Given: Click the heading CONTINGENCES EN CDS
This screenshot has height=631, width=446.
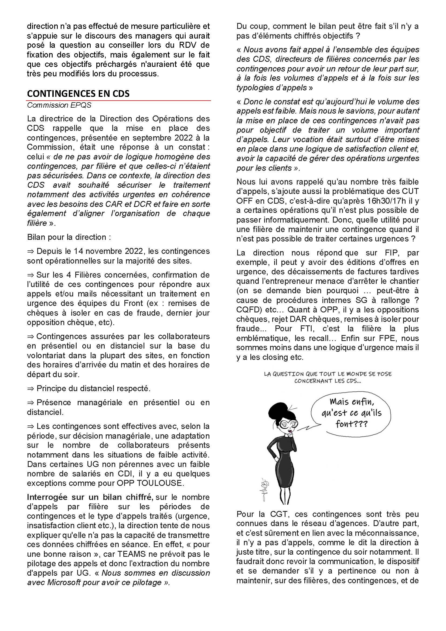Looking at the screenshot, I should (78, 94).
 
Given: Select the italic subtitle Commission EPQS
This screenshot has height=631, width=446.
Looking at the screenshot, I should (59, 105).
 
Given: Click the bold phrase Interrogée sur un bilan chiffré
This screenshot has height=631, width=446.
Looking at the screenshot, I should (90, 497).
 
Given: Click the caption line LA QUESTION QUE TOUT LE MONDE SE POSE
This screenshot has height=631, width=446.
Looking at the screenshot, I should (328, 374).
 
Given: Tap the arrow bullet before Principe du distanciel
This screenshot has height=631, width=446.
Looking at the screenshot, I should (30, 388).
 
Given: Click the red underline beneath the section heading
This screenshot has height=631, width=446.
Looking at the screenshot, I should (119, 101).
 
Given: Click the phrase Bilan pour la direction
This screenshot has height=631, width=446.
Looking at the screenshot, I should (69, 237).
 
